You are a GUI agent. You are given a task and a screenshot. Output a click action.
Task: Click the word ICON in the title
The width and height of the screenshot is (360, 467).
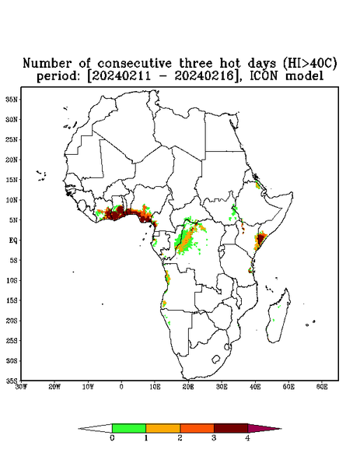pyautogui.click(x=264, y=75)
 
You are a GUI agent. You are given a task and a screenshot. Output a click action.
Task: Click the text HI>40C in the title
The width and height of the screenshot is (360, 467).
pyautogui.click(x=309, y=63)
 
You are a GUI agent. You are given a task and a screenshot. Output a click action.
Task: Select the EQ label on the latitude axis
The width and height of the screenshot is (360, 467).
pyautogui.click(x=13, y=240)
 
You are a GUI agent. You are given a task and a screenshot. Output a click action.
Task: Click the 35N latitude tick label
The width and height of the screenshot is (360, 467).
pyautogui.click(x=12, y=99)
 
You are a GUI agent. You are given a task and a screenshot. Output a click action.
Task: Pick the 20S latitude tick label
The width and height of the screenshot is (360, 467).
pyautogui.click(x=12, y=321)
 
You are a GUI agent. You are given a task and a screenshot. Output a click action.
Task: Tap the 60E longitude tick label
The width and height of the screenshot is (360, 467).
pyautogui.click(x=322, y=387)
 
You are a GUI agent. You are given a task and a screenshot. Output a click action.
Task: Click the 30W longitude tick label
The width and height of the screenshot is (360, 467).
pyautogui.click(x=21, y=387)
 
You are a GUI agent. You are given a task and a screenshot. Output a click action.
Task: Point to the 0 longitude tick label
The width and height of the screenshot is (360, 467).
pyautogui.click(x=121, y=387)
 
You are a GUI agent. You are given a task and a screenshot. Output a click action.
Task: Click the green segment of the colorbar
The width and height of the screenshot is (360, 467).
pyautogui.click(x=129, y=428)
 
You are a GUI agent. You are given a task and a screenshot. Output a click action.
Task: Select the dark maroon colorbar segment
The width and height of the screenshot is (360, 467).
pyautogui.click(x=231, y=428)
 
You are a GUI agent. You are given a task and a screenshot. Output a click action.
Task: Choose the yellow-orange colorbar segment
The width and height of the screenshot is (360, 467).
pyautogui.click(x=163, y=428)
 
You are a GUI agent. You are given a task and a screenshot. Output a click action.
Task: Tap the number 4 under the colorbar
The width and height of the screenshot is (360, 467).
pyautogui.click(x=247, y=438)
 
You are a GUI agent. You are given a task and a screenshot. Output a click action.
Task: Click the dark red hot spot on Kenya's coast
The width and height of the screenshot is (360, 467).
pyautogui.click(x=261, y=239)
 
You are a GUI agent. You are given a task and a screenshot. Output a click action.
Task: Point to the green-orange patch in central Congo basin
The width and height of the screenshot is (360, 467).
pyautogui.click(x=187, y=238)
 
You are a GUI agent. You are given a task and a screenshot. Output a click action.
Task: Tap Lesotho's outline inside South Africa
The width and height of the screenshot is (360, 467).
pyautogui.click(x=215, y=359)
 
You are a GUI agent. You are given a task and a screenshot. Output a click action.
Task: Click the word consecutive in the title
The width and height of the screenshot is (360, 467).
pyautogui.click(x=135, y=63)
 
